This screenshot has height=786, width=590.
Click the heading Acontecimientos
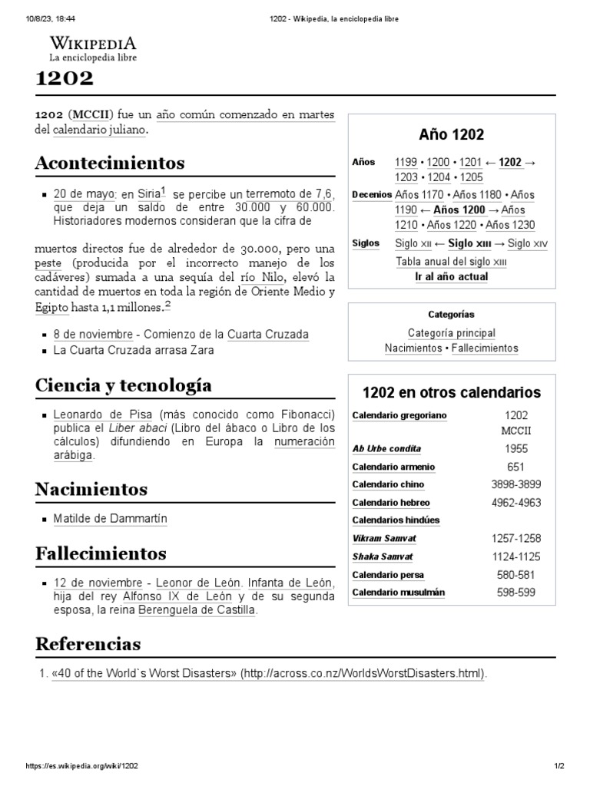point(110,163)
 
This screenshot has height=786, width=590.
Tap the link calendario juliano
point(99,130)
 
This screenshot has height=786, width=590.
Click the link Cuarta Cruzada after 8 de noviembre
point(267,335)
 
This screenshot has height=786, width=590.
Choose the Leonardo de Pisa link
point(104,414)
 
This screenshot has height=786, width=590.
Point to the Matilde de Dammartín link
point(110,519)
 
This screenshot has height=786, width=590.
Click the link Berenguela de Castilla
point(197,611)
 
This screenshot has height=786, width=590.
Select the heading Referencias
point(88,643)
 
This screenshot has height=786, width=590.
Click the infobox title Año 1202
point(451,135)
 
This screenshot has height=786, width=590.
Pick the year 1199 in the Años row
point(406,162)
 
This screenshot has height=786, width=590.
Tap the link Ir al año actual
point(451,277)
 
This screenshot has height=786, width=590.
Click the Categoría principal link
point(451,333)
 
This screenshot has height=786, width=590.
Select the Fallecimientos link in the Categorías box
point(485,348)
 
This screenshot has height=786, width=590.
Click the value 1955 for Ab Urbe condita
point(515,449)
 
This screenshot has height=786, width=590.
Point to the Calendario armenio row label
point(393,467)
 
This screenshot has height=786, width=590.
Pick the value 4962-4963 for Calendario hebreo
point(515,504)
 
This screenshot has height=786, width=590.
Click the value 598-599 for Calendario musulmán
point(515,593)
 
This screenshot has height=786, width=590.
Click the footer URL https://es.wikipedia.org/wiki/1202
point(82,766)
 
